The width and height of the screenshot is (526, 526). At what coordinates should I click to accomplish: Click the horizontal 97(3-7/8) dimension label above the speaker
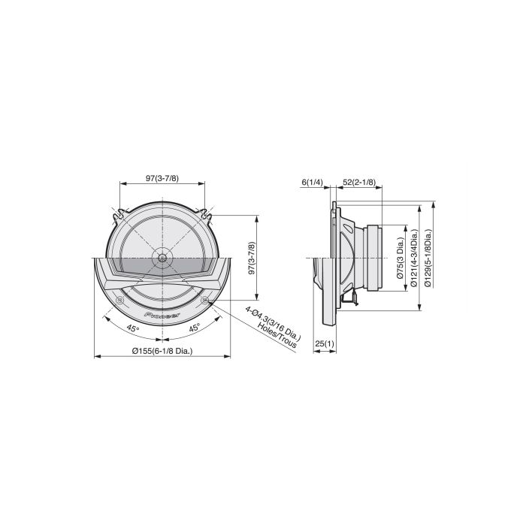point(162,179)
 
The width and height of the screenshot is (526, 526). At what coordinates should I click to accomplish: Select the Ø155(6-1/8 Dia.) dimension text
point(162,351)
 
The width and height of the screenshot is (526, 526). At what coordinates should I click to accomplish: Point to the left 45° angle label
point(133,328)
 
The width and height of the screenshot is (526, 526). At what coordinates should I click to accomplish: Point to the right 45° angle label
point(194,328)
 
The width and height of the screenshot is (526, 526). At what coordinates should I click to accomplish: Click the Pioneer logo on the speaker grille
point(162,315)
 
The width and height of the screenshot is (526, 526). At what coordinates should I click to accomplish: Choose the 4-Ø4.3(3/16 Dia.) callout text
point(274,322)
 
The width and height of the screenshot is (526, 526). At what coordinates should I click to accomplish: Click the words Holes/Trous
point(277,335)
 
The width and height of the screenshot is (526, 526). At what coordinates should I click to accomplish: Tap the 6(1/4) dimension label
point(312,182)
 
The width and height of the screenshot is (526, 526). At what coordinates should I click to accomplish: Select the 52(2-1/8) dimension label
point(359,182)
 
